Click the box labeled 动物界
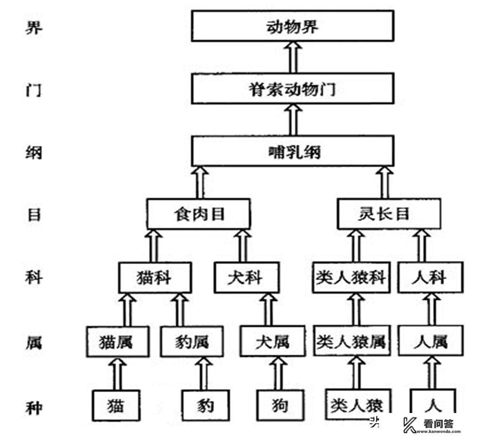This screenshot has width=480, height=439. coord(293,26)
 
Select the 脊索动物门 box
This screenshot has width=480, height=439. coord(293,88)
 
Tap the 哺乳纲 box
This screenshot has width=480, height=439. coord(293,151)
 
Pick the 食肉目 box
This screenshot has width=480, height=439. coord(199,214)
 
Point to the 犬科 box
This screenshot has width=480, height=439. coord(246,277)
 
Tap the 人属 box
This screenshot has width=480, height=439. coord(430,341)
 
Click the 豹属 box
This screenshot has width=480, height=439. coord(192,341)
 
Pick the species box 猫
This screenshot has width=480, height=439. coord(116,405)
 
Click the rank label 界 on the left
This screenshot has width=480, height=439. coord(32,29)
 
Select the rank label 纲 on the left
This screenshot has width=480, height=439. coord(32,152)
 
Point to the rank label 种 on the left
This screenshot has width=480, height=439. coord(32,406)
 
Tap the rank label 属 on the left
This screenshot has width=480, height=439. coord(32,343)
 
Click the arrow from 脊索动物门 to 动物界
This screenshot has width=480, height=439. coord(293,57)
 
